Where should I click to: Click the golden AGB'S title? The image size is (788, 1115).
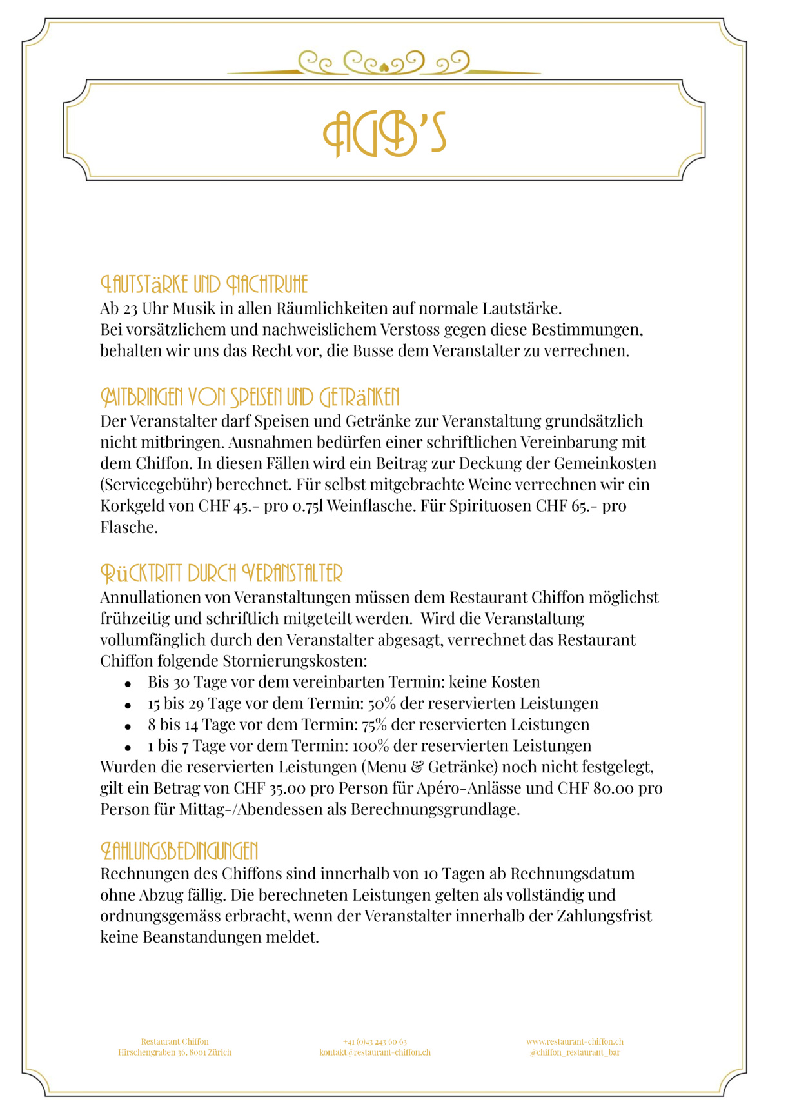384,134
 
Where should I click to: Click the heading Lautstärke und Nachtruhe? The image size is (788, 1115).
204,284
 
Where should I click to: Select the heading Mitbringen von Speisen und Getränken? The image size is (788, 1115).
250,397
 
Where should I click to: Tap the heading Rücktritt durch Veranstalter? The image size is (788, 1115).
221,573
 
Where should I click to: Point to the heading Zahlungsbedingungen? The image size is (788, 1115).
179,851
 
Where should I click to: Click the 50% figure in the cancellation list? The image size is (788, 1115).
382,703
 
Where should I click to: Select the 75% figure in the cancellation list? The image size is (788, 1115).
375,725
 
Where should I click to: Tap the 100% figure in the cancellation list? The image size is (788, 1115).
371,746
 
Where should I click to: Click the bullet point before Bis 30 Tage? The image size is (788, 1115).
128,683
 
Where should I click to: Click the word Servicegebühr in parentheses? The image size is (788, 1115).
155,485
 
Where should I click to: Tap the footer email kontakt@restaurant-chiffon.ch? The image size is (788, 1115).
375,1052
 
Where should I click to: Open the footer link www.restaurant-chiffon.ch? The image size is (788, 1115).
575,1041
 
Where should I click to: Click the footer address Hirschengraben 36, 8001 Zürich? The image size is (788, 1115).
175,1052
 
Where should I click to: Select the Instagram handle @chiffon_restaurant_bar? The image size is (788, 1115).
575,1052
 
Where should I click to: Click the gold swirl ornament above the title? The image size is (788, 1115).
384,63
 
